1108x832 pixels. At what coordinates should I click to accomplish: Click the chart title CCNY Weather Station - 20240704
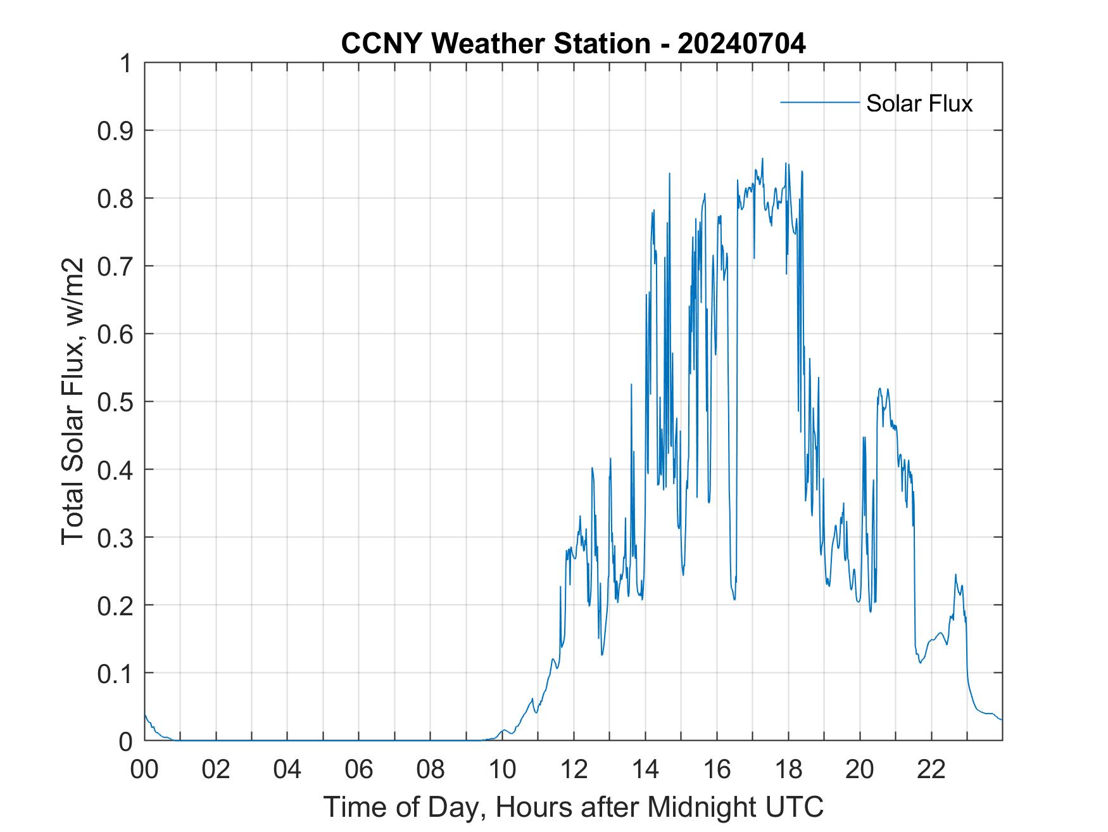[x=573, y=44]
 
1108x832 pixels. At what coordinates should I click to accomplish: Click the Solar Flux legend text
[x=919, y=103]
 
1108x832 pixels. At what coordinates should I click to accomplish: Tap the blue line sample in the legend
[x=819, y=102]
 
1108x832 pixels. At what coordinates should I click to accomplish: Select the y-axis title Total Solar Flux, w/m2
[x=73, y=401]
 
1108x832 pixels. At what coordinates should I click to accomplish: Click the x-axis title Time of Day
[x=573, y=807]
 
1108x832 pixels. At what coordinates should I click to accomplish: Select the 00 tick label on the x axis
[x=144, y=770]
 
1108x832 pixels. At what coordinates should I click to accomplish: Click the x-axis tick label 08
[x=431, y=770]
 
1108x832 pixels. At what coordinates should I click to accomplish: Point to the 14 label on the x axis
[x=645, y=770]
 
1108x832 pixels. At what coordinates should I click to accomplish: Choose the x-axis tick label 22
[x=931, y=770]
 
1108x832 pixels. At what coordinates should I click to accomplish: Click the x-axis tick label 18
[x=788, y=770]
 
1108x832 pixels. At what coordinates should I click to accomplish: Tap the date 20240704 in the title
[x=741, y=44]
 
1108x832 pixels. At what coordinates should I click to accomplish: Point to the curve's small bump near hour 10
[x=504, y=731]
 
